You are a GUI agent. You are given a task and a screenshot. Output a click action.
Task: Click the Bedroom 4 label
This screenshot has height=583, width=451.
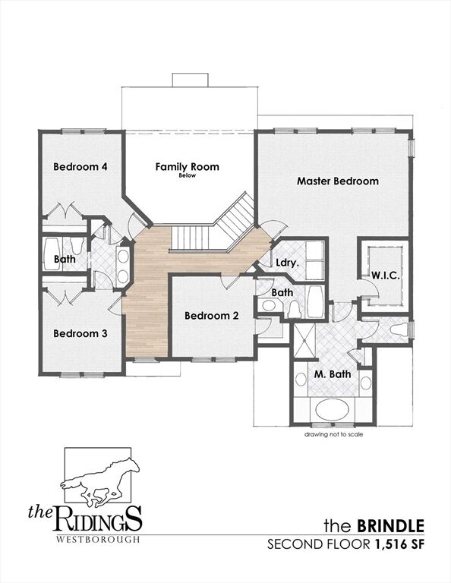coord(80,166)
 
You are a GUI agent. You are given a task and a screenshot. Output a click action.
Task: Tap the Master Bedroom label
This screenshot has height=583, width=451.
coord(338,181)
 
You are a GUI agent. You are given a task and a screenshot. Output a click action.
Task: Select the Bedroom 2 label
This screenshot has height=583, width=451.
coord(212,316)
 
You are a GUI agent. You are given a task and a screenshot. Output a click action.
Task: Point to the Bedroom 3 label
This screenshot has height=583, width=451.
coord(80,333)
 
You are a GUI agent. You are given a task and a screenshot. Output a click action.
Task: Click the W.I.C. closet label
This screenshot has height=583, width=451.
coord(386,276)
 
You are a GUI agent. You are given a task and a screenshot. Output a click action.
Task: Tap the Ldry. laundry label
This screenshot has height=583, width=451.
coord(288,263)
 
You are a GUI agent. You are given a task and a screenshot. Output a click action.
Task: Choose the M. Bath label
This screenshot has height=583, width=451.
coord(333,374)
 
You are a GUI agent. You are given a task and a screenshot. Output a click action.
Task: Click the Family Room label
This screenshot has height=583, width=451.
coord(187,166)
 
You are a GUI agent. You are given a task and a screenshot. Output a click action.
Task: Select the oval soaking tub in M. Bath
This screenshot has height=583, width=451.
coord(332,410)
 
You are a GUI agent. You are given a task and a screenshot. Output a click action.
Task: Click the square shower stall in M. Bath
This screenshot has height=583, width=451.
coord(304,341)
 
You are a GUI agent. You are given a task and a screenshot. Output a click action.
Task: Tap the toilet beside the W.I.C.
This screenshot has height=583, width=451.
coord(399,329)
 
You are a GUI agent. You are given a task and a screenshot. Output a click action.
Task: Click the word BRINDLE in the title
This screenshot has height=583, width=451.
coord(390,526)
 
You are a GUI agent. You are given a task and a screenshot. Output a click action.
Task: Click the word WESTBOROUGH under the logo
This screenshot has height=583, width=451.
coord(98,539)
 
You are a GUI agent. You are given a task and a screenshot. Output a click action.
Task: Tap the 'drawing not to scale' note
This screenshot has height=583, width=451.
coord(333,434)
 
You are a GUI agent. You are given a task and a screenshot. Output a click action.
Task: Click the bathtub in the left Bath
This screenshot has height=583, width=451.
coord(52,255)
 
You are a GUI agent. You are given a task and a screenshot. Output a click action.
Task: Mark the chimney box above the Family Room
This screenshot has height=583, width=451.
coord(190,80)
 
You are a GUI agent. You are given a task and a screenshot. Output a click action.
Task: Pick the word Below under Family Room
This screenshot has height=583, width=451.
coord(187,175)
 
